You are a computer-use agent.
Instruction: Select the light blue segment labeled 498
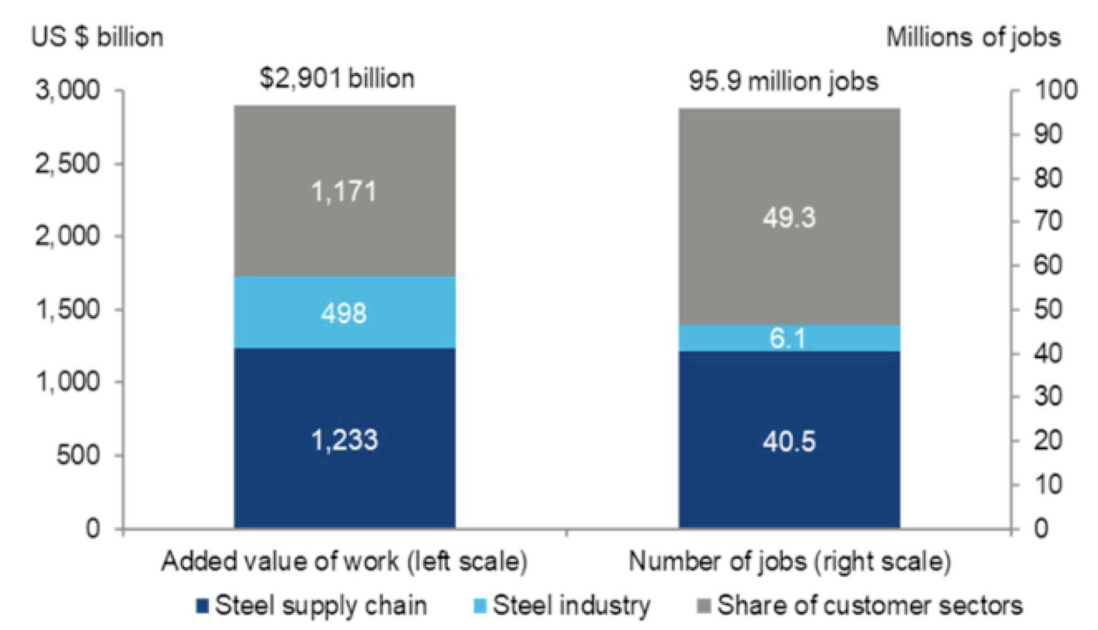(344, 312)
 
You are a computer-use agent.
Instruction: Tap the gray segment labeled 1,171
(344, 191)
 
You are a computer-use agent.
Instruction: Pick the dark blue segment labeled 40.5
(789, 440)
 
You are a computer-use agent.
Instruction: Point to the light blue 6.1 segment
(789, 337)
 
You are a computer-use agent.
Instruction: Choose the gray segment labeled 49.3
(789, 216)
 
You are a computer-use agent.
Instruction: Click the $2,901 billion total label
(337, 80)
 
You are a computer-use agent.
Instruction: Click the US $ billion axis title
(97, 37)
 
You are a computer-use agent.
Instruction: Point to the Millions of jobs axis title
(973, 37)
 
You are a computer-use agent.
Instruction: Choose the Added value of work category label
(343, 562)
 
